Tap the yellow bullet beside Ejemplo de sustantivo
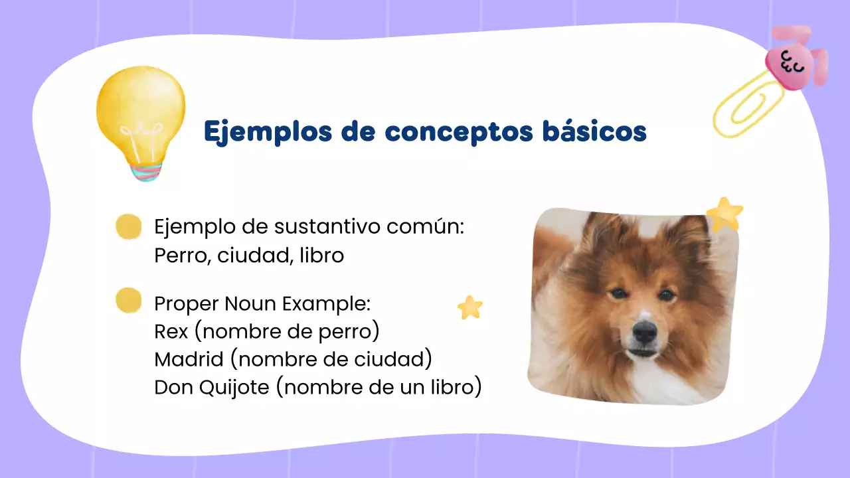coord(128,226)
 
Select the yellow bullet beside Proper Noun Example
coord(128,300)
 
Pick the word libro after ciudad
coord(321,256)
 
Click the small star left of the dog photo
coord(470,307)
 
